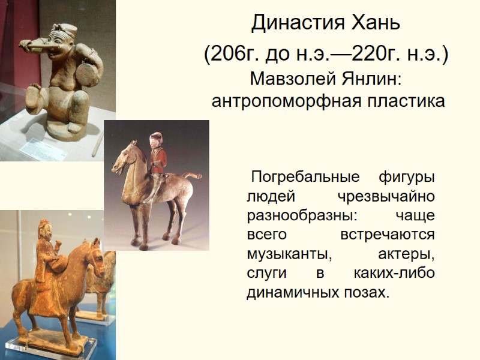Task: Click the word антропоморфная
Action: [279, 101]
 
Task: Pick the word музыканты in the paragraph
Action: [290, 254]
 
